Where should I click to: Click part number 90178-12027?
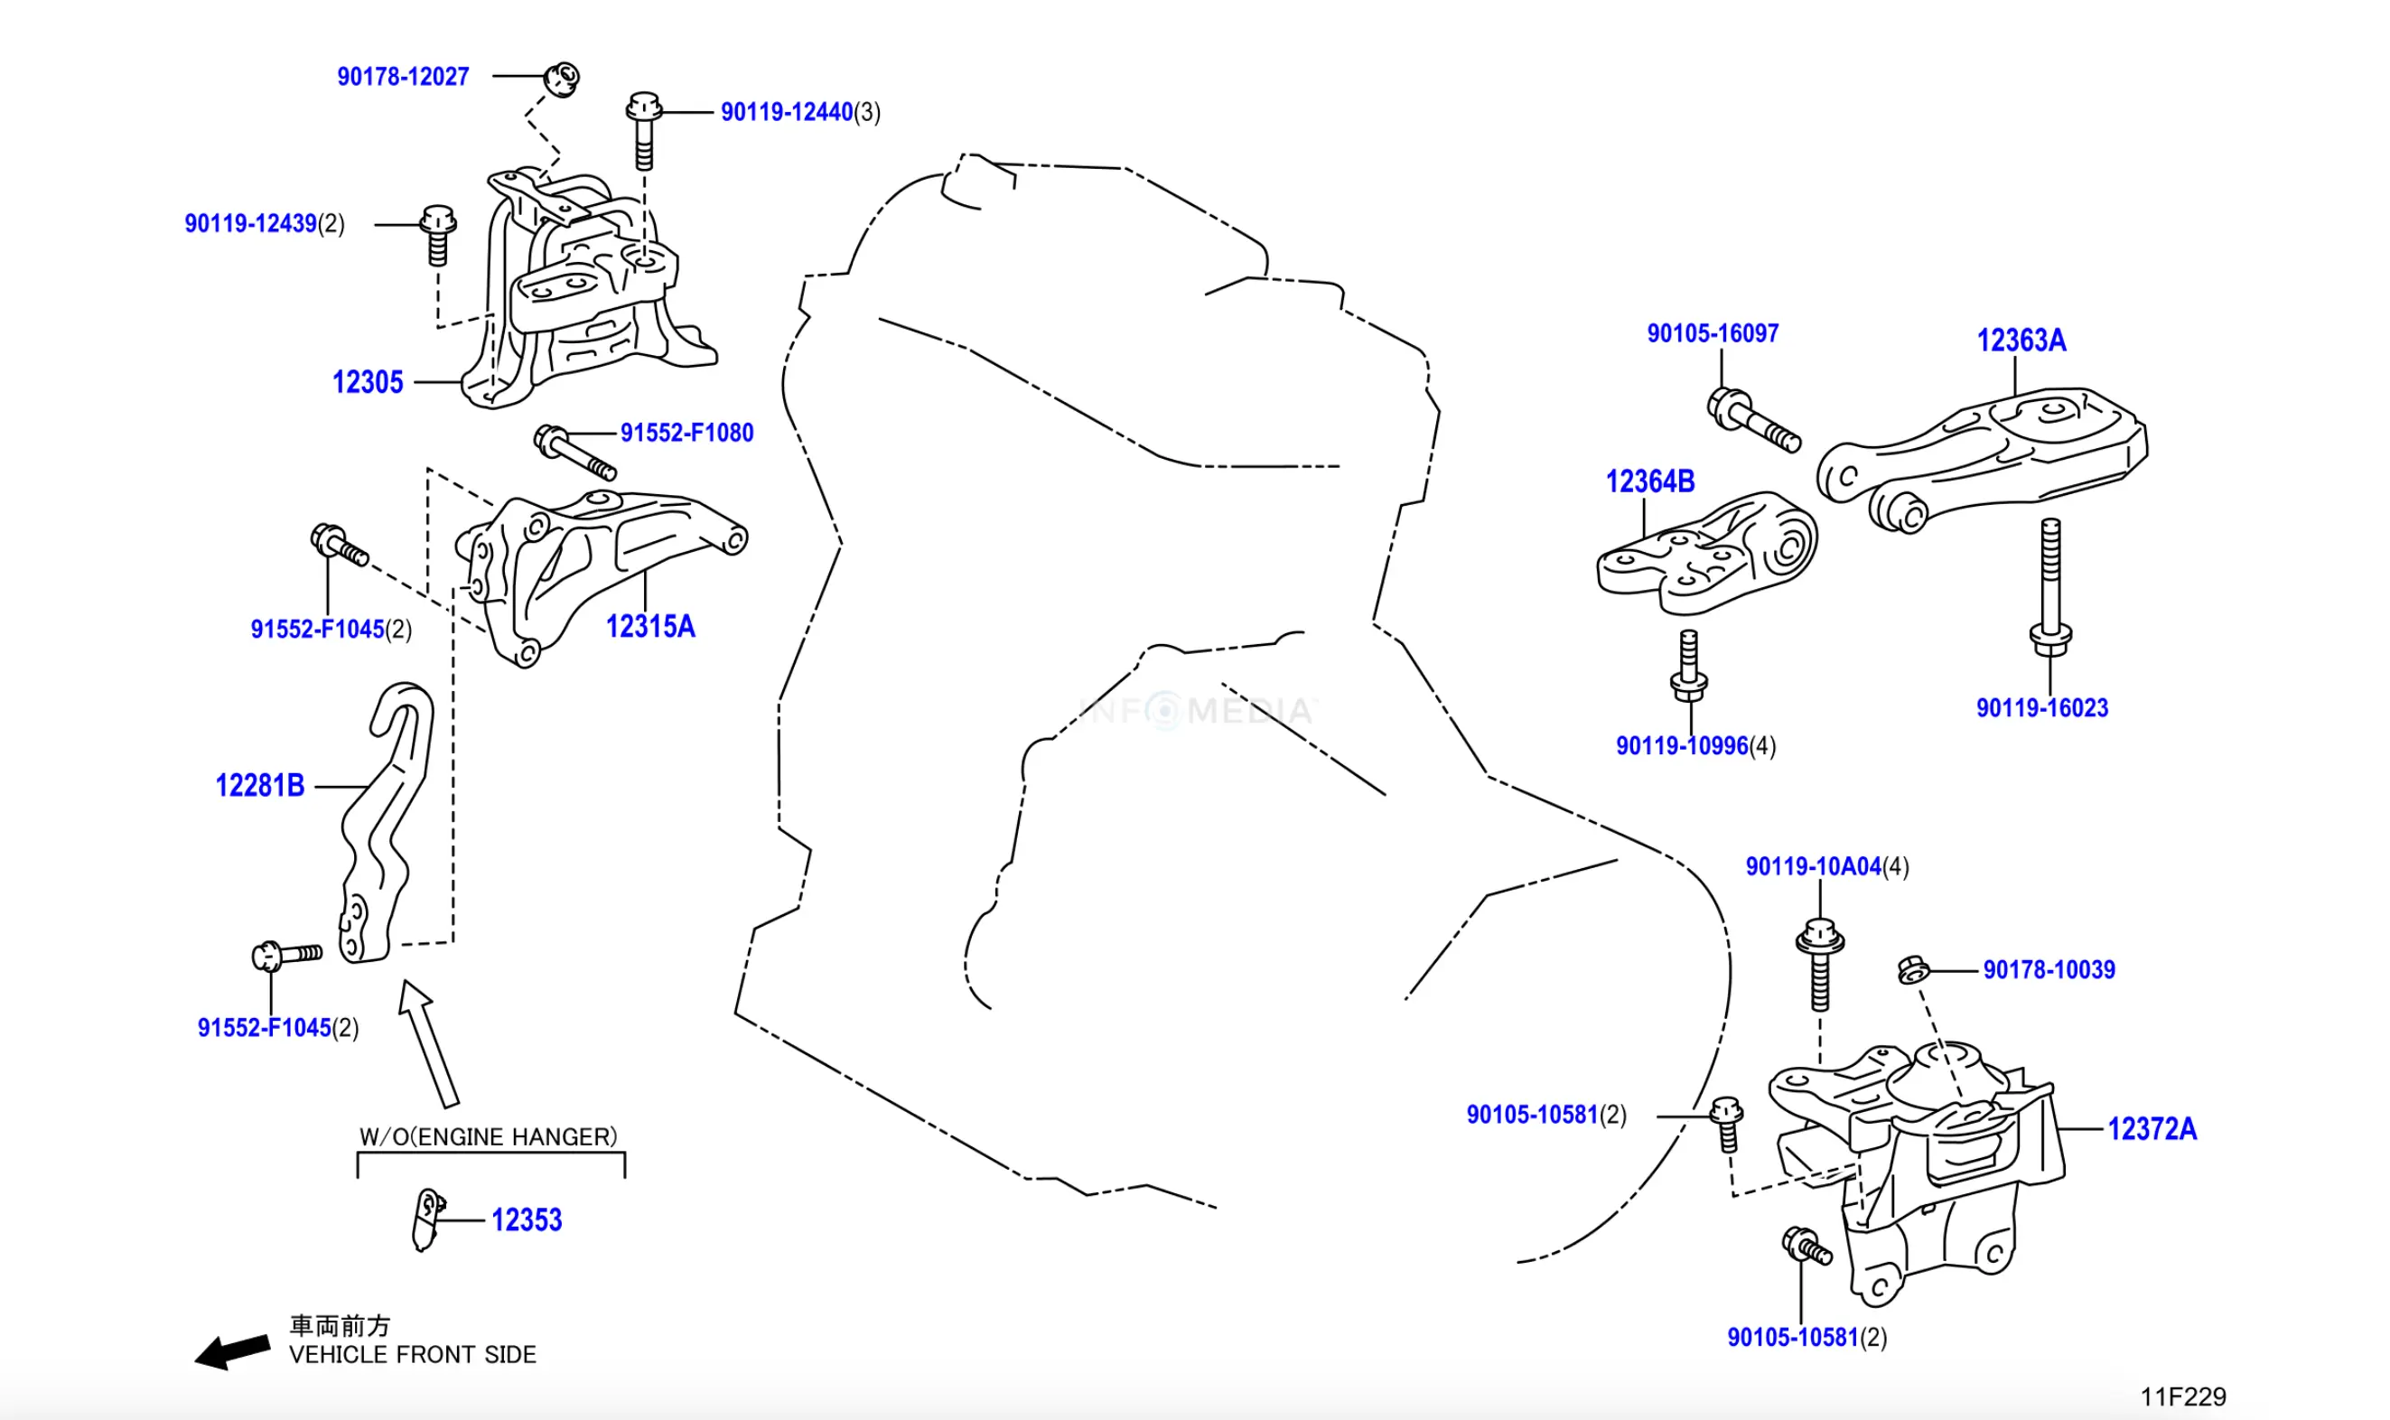click(403, 77)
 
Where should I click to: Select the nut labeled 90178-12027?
click(562, 79)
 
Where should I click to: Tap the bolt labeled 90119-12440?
click(644, 131)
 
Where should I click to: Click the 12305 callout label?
click(368, 383)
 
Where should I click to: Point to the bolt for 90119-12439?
click(438, 235)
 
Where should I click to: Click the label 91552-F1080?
click(687, 433)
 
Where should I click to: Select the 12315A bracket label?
click(650, 627)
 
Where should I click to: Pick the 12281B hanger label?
click(260, 786)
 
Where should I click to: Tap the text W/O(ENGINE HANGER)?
click(488, 1136)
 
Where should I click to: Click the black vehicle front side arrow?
click(232, 1352)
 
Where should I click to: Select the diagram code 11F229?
click(2182, 1397)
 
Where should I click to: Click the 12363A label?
click(2021, 340)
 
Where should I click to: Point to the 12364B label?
click(1650, 481)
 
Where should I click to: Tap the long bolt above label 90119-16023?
click(2050, 587)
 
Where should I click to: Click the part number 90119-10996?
click(1682, 746)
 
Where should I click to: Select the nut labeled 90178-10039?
click(1912, 970)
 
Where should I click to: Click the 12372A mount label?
click(2152, 1129)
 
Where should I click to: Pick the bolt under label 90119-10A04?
click(1820, 965)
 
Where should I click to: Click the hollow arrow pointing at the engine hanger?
click(430, 1043)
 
